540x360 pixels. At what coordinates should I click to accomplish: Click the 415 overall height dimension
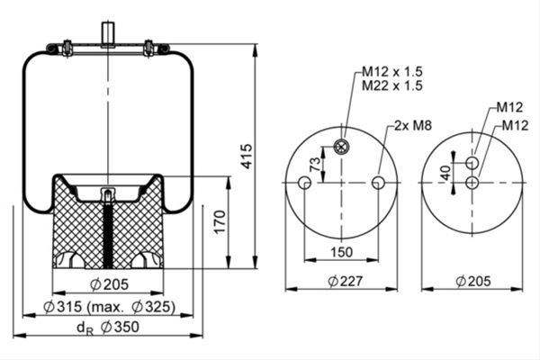(247, 156)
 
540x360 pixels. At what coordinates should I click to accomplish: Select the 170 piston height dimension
(220, 221)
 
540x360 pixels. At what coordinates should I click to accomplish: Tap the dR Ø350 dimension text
(108, 328)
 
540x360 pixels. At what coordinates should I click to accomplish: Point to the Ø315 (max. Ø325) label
(109, 306)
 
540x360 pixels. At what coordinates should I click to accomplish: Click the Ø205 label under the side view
(109, 284)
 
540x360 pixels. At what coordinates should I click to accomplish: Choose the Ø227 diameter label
(345, 281)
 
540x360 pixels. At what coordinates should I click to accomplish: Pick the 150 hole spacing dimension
(342, 252)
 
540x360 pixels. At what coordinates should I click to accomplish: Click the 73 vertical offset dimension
(315, 165)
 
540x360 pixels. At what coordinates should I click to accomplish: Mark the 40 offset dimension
(446, 173)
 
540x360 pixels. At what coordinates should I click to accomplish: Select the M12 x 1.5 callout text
(391, 71)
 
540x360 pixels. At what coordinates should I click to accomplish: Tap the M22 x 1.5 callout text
(391, 85)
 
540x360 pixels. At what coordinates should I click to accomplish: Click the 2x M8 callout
(412, 125)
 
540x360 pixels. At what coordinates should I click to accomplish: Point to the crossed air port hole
(341, 147)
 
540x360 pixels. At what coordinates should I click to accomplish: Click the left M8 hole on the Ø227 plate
(305, 183)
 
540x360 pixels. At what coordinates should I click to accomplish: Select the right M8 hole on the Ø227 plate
(378, 183)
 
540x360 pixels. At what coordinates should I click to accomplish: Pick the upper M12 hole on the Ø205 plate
(472, 163)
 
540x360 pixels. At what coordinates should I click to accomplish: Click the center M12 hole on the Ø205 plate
(472, 183)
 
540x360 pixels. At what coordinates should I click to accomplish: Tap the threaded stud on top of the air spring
(108, 33)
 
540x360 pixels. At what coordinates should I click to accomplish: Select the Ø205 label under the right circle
(473, 281)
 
